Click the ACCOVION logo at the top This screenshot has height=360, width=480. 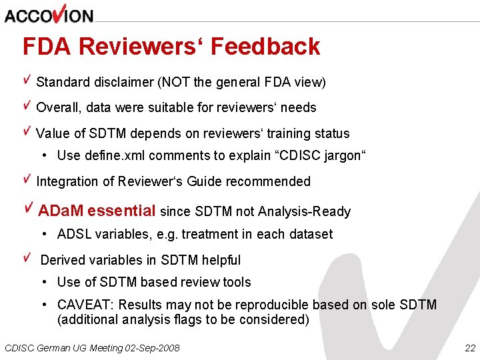tap(49, 14)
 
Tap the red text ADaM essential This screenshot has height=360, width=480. tap(96, 211)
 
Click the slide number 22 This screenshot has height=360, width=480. tap(470, 348)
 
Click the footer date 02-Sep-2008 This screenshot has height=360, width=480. tap(153, 348)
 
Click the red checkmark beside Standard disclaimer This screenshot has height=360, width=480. tap(27, 81)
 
